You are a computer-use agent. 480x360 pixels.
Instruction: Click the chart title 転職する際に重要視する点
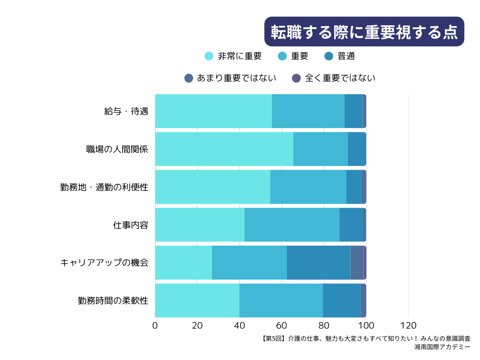[x=364, y=31]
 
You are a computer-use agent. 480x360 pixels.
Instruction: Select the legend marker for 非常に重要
[x=209, y=56]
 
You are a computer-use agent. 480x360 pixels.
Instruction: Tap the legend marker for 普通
[x=329, y=56]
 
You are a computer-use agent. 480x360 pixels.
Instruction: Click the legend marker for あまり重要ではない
[x=188, y=78]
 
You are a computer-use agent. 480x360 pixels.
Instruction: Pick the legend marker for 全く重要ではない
[x=296, y=78]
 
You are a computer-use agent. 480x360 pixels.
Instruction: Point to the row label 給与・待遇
[x=126, y=111]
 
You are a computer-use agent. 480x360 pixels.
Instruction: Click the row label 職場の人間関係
[x=117, y=149]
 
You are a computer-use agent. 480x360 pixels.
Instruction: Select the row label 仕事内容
[x=131, y=225]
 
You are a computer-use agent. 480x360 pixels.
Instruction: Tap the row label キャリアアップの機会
[x=104, y=262]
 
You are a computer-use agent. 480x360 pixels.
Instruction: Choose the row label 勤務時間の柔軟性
[x=113, y=300]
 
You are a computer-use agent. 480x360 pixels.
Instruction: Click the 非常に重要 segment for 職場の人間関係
[x=224, y=149]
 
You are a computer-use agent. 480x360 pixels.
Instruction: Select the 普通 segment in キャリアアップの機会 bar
[x=318, y=262]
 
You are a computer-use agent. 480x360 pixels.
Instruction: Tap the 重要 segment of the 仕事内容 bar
[x=292, y=225]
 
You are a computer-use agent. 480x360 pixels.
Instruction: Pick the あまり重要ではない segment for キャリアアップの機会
[x=357, y=262]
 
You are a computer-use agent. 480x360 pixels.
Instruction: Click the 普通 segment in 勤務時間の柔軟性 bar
[x=342, y=300]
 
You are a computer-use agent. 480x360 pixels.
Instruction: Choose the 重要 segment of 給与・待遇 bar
[x=308, y=111]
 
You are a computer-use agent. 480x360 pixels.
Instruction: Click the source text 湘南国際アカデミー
[x=442, y=347]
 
